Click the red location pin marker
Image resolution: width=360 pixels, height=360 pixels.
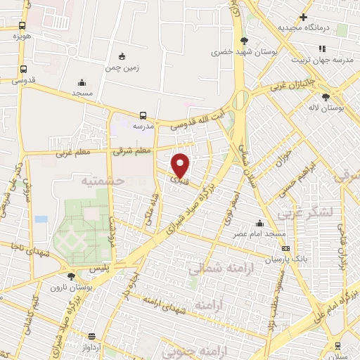pyautogui.click(x=181, y=165)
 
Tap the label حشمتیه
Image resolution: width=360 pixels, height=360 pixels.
pyautogui.click(x=103, y=181)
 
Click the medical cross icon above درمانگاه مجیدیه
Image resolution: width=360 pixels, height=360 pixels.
pyautogui.click(x=303, y=17)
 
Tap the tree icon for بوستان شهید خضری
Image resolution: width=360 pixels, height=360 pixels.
pyautogui.click(x=243, y=41)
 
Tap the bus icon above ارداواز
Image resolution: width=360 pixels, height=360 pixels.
pyautogui.click(x=91, y=335)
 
